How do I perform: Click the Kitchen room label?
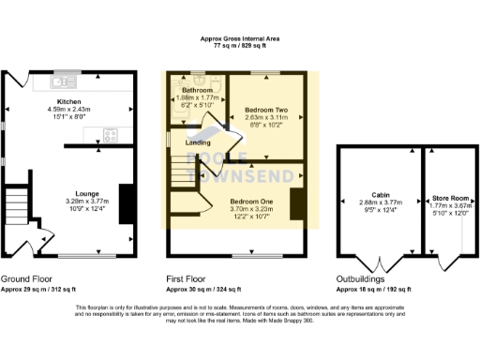[68, 101]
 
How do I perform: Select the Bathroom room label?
[197, 90]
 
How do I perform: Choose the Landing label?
[198, 142]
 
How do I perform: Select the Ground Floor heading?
[26, 279]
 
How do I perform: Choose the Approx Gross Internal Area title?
[240, 38]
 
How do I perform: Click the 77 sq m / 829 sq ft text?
[240, 45]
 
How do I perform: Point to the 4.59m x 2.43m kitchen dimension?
[68, 109]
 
